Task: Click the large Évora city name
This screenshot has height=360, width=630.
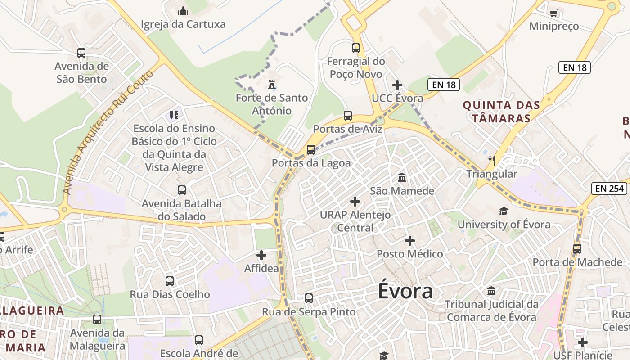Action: [x=405, y=291]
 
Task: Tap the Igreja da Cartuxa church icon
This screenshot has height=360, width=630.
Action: [x=183, y=11]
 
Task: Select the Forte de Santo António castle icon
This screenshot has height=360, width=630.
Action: [x=271, y=85]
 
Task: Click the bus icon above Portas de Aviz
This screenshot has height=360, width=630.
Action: [x=348, y=116]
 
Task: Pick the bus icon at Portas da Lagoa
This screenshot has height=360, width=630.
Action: [x=311, y=150]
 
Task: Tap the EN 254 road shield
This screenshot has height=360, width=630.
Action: [x=610, y=189]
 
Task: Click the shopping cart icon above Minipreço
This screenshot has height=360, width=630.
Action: [x=554, y=13]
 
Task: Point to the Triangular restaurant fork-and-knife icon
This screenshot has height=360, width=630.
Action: [x=492, y=160]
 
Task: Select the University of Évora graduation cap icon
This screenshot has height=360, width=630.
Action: [x=504, y=211]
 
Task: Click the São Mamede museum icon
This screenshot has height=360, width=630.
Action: [x=402, y=178]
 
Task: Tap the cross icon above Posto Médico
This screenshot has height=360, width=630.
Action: [x=410, y=241]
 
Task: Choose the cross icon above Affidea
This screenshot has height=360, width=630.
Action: [x=261, y=256]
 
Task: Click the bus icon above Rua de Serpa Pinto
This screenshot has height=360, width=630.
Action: [x=309, y=298]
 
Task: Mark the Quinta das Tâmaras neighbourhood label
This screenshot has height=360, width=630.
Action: [x=501, y=112]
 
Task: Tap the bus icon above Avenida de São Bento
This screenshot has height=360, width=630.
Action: [x=81, y=53]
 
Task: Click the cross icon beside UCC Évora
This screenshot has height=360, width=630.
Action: [x=397, y=85]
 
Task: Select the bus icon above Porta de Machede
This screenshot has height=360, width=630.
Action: [x=577, y=248]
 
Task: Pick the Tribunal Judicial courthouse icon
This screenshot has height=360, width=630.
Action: [x=491, y=291]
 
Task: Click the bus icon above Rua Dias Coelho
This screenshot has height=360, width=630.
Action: [x=170, y=281]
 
